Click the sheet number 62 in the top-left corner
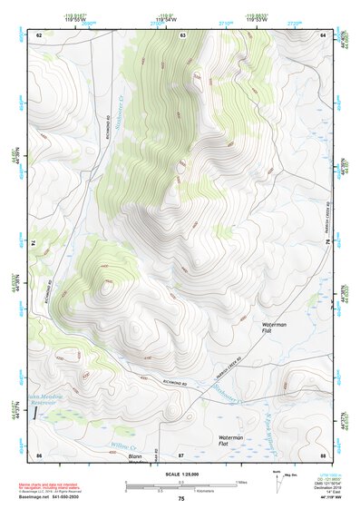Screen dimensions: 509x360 coord(39,34)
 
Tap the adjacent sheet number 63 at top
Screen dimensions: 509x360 coord(181,34)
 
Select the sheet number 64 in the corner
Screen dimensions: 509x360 coord(323,34)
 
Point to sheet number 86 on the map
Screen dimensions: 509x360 coord(39,454)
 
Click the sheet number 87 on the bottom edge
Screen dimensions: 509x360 coord(181,454)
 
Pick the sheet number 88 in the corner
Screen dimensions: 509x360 coord(323,454)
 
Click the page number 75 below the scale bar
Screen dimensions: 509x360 coord(181,499)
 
